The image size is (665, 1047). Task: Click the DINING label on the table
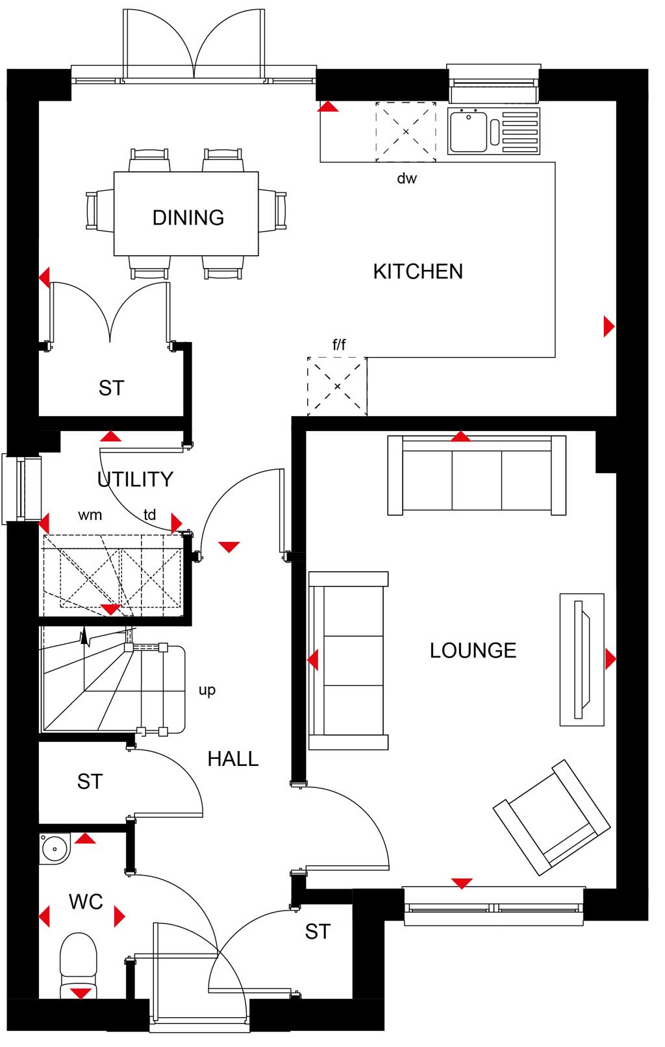pos(188,218)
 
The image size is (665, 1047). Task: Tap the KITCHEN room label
pos(418,271)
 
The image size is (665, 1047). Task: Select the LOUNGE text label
pos(473,650)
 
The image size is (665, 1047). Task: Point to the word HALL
pos(233,759)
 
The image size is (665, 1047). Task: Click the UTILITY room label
pos(135,480)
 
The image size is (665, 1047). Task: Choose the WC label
pos(86,902)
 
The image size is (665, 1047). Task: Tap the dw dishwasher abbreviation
pos(407,178)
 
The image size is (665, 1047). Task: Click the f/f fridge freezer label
pos(339,345)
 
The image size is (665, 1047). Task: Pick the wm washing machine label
pos(90,515)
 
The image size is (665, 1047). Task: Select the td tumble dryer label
pos(149,515)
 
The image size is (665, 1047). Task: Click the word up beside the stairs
pos(207,691)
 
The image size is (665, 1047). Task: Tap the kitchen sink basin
pos(469,131)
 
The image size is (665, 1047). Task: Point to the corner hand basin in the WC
pos(55,848)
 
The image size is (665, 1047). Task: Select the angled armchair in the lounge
pos(552,817)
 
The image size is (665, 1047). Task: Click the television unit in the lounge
pos(582,659)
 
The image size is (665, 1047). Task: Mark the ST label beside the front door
pos(318,932)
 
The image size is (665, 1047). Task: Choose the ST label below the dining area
pos(111,388)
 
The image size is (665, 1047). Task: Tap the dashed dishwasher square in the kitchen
pos(406,132)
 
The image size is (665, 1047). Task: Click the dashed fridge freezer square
pos(337,386)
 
